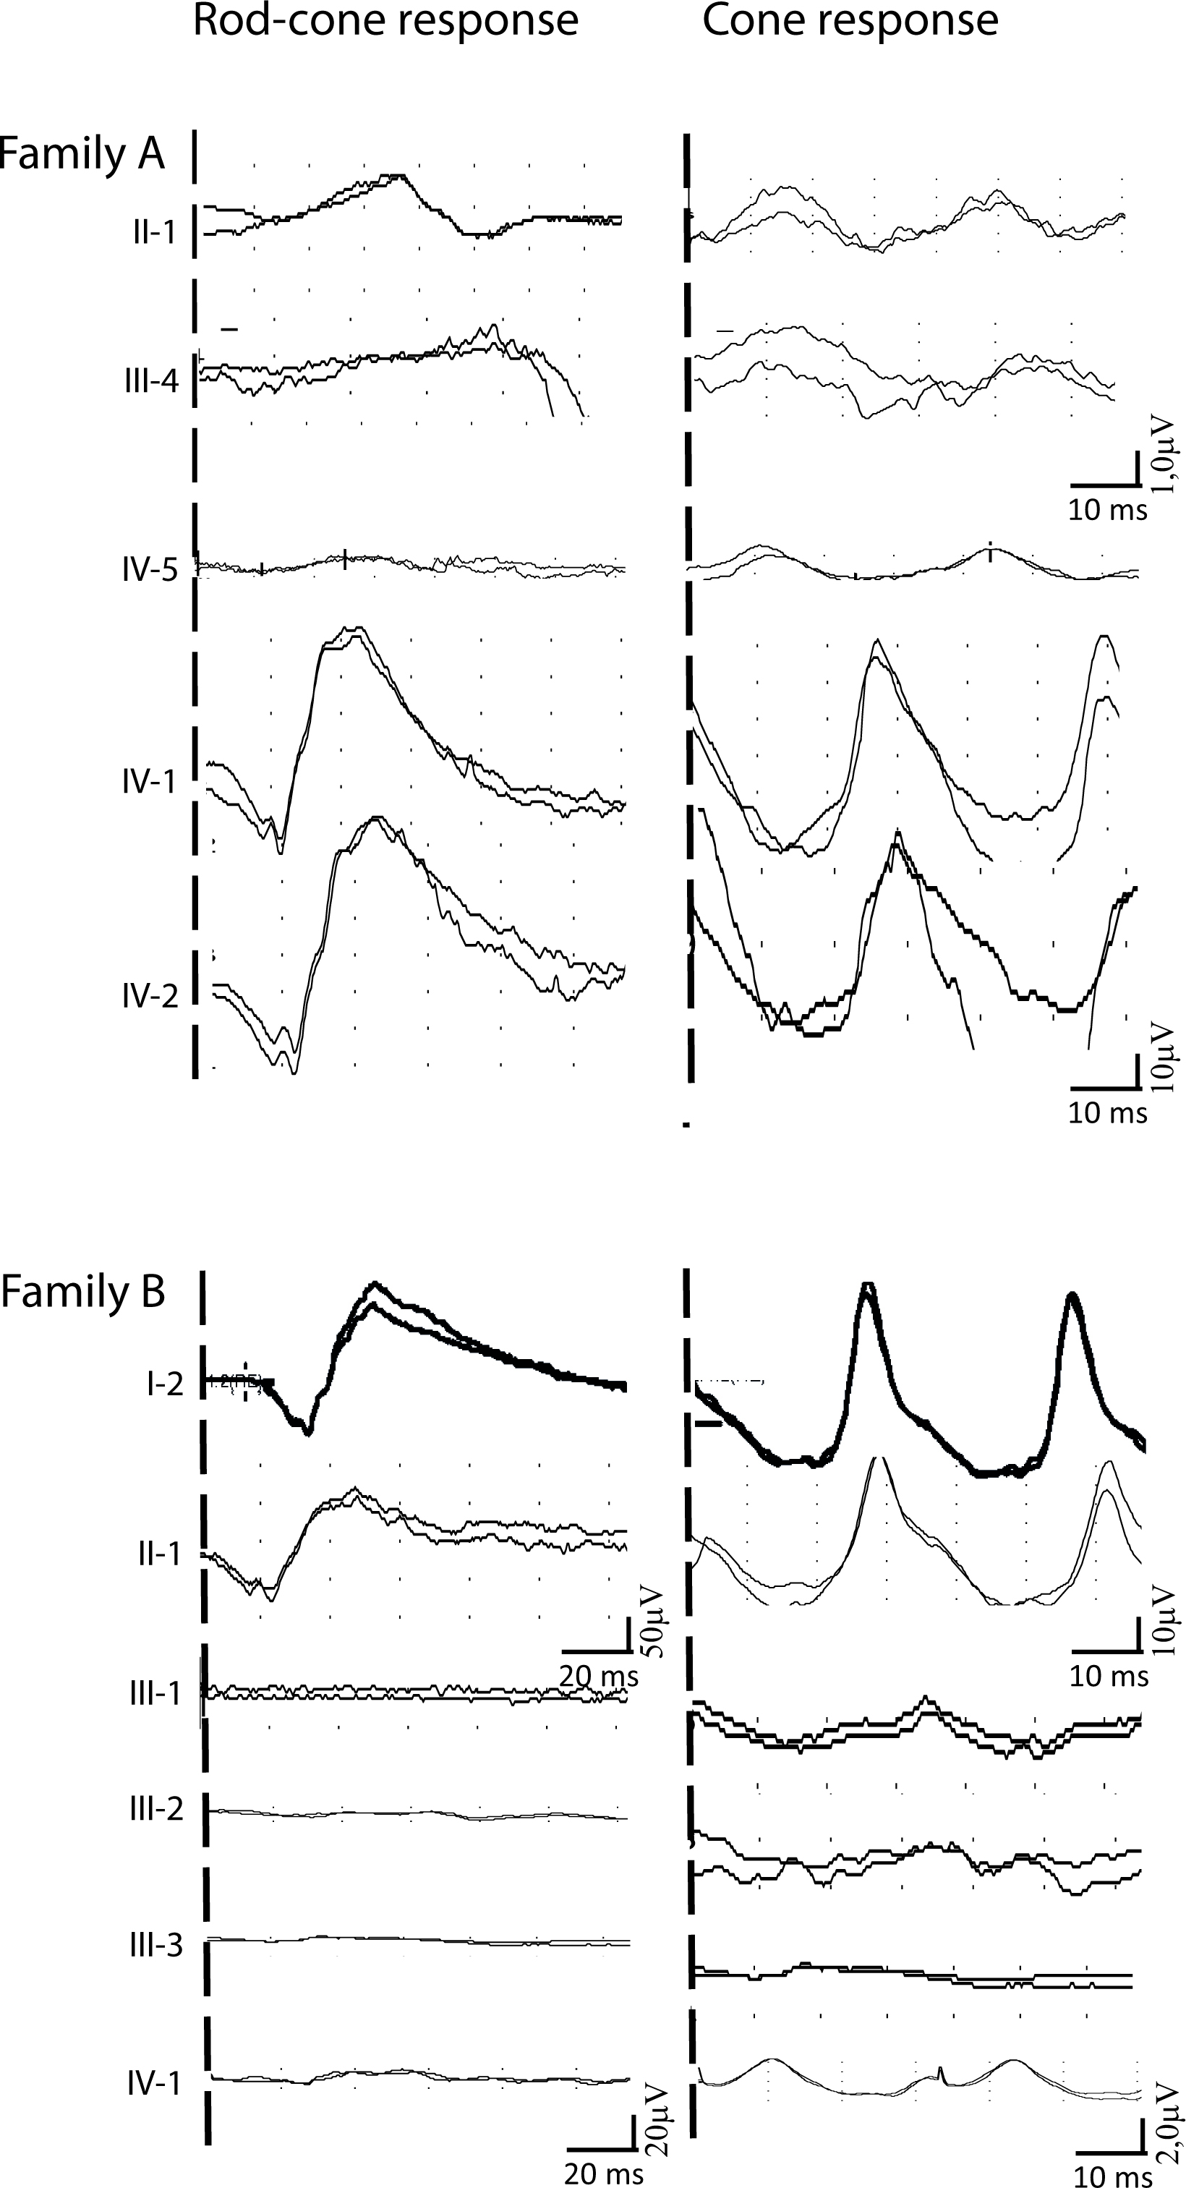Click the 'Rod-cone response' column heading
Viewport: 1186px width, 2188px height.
pos(385,21)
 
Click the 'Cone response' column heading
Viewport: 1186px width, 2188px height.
pos(850,21)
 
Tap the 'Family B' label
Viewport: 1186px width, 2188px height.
pos(82,1293)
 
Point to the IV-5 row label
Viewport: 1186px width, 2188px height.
pos(150,569)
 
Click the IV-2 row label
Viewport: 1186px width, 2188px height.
pos(150,995)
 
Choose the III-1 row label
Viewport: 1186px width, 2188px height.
pos(155,1693)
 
